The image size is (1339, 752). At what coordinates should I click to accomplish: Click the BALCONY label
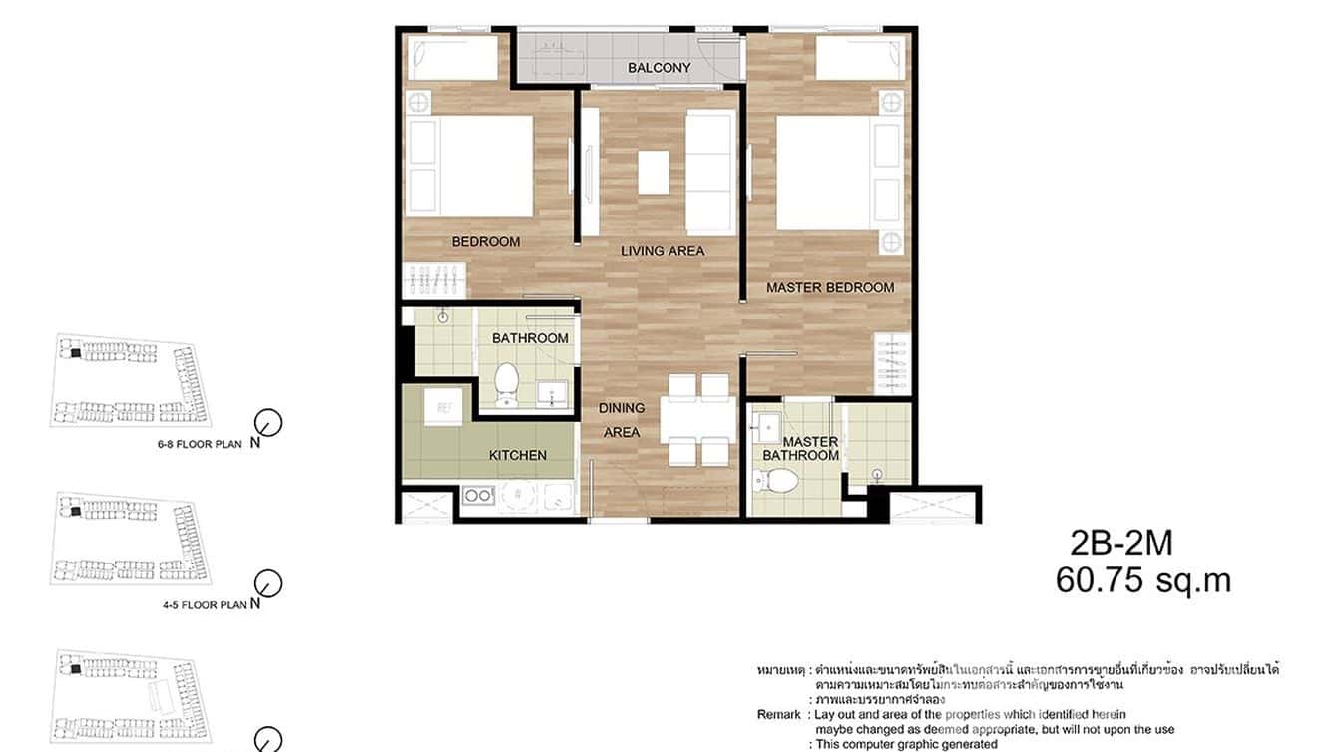coord(659,68)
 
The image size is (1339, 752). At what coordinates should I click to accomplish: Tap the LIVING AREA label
coord(663,250)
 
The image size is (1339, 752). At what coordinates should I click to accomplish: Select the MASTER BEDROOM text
coord(830,287)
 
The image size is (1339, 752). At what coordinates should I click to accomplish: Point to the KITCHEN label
coord(517,455)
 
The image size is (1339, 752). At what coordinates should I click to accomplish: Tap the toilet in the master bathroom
coord(779,481)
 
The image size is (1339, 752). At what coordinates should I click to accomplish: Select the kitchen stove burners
coord(478,495)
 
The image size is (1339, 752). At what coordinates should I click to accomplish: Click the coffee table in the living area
coord(655,172)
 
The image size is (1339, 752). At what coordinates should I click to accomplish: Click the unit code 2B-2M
coord(1120,543)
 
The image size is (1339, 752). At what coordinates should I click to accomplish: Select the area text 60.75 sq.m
coord(1143,580)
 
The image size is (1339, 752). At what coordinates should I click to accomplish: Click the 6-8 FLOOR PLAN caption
coord(200,444)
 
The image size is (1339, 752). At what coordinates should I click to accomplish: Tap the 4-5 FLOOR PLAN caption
coord(204,604)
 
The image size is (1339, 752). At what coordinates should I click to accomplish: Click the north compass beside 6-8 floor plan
coord(268,423)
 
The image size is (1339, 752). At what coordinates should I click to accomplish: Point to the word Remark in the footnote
coord(778,715)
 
